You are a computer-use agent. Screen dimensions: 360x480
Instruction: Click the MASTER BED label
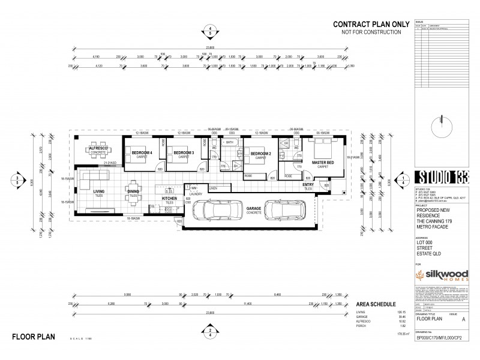tap(323, 161)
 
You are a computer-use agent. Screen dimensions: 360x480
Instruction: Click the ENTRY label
tap(308, 185)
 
